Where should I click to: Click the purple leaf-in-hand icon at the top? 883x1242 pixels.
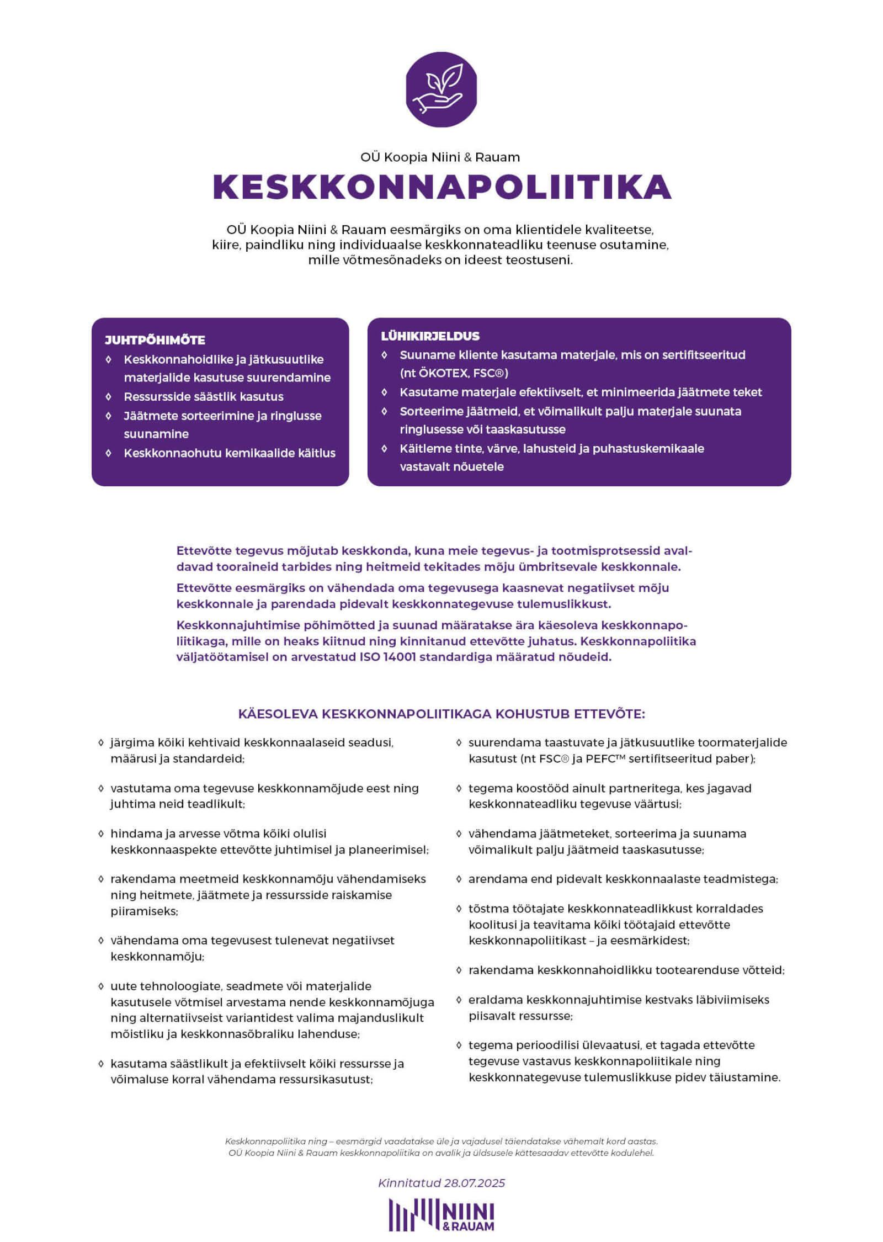(x=441, y=89)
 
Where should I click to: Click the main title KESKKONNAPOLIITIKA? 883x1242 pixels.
(x=441, y=187)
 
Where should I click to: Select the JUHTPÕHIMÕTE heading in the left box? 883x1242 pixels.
(x=155, y=340)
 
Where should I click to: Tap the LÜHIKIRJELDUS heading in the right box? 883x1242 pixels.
(x=430, y=336)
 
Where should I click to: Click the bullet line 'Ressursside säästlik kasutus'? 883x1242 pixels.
(x=203, y=397)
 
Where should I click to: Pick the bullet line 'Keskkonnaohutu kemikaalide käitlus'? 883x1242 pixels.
(x=230, y=453)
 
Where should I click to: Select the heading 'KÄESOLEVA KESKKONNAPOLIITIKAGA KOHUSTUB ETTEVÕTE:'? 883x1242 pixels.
(x=441, y=714)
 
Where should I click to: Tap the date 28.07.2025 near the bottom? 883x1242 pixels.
(x=475, y=1183)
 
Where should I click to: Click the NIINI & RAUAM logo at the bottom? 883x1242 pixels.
(x=441, y=1215)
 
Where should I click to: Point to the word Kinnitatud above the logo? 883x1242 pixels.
(x=409, y=1183)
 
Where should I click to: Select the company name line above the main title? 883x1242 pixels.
(x=440, y=157)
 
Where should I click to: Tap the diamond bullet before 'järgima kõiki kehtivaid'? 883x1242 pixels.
(x=101, y=743)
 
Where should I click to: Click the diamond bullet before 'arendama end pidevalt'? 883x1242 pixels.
(x=459, y=879)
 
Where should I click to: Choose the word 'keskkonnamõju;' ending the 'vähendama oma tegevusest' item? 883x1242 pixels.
(x=157, y=957)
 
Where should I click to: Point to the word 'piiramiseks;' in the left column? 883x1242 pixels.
(x=144, y=911)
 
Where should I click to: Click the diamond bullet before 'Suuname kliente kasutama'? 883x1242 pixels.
(x=385, y=355)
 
